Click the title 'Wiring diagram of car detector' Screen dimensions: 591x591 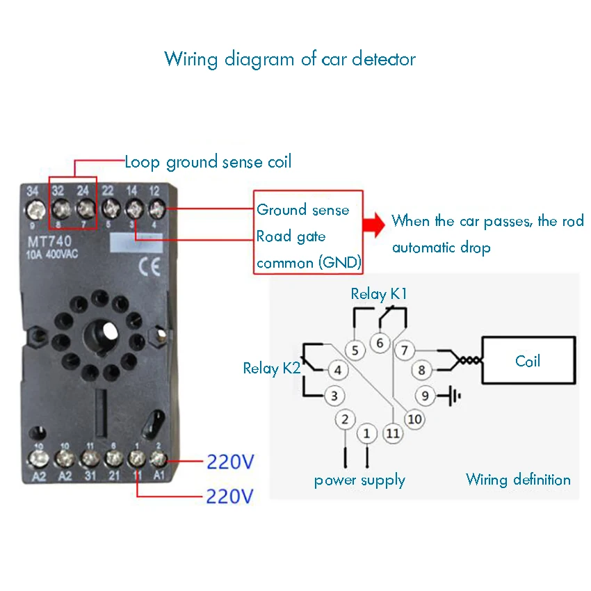[x=290, y=58]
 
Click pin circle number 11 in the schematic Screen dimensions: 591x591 [x=394, y=433]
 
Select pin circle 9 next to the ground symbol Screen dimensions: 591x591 [x=426, y=396]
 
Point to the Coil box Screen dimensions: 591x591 [x=528, y=362]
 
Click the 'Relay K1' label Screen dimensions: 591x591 [x=379, y=294]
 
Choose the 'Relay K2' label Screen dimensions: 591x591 [x=271, y=368]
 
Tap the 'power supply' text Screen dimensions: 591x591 [x=359, y=480]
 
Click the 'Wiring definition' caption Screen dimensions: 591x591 [x=518, y=480]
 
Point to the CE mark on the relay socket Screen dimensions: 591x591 [x=149, y=268]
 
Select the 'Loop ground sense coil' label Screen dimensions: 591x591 [x=208, y=163]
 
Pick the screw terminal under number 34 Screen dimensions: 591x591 [x=33, y=208]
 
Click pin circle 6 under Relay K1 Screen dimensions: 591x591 [x=380, y=343]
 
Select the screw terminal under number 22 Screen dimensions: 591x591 [x=109, y=208]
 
